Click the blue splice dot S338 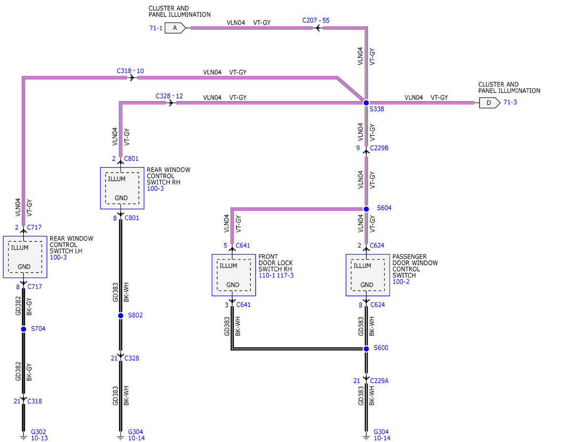(366, 103)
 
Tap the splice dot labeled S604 (366, 209)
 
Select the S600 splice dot (366, 349)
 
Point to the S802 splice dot (121, 315)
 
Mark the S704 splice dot (23, 329)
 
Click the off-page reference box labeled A (175, 28)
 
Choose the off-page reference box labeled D (490, 103)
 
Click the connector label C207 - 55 (316, 21)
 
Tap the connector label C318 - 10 (130, 71)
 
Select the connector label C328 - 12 (169, 96)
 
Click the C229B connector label (379, 148)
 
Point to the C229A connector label (379, 380)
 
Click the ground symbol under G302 (23, 438)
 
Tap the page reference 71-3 (510, 102)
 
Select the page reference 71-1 (156, 28)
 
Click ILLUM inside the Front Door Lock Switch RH (228, 266)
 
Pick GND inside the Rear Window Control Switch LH (24, 267)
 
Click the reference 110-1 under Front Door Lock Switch (267, 276)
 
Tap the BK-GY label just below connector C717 (29, 307)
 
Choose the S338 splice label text (377, 109)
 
